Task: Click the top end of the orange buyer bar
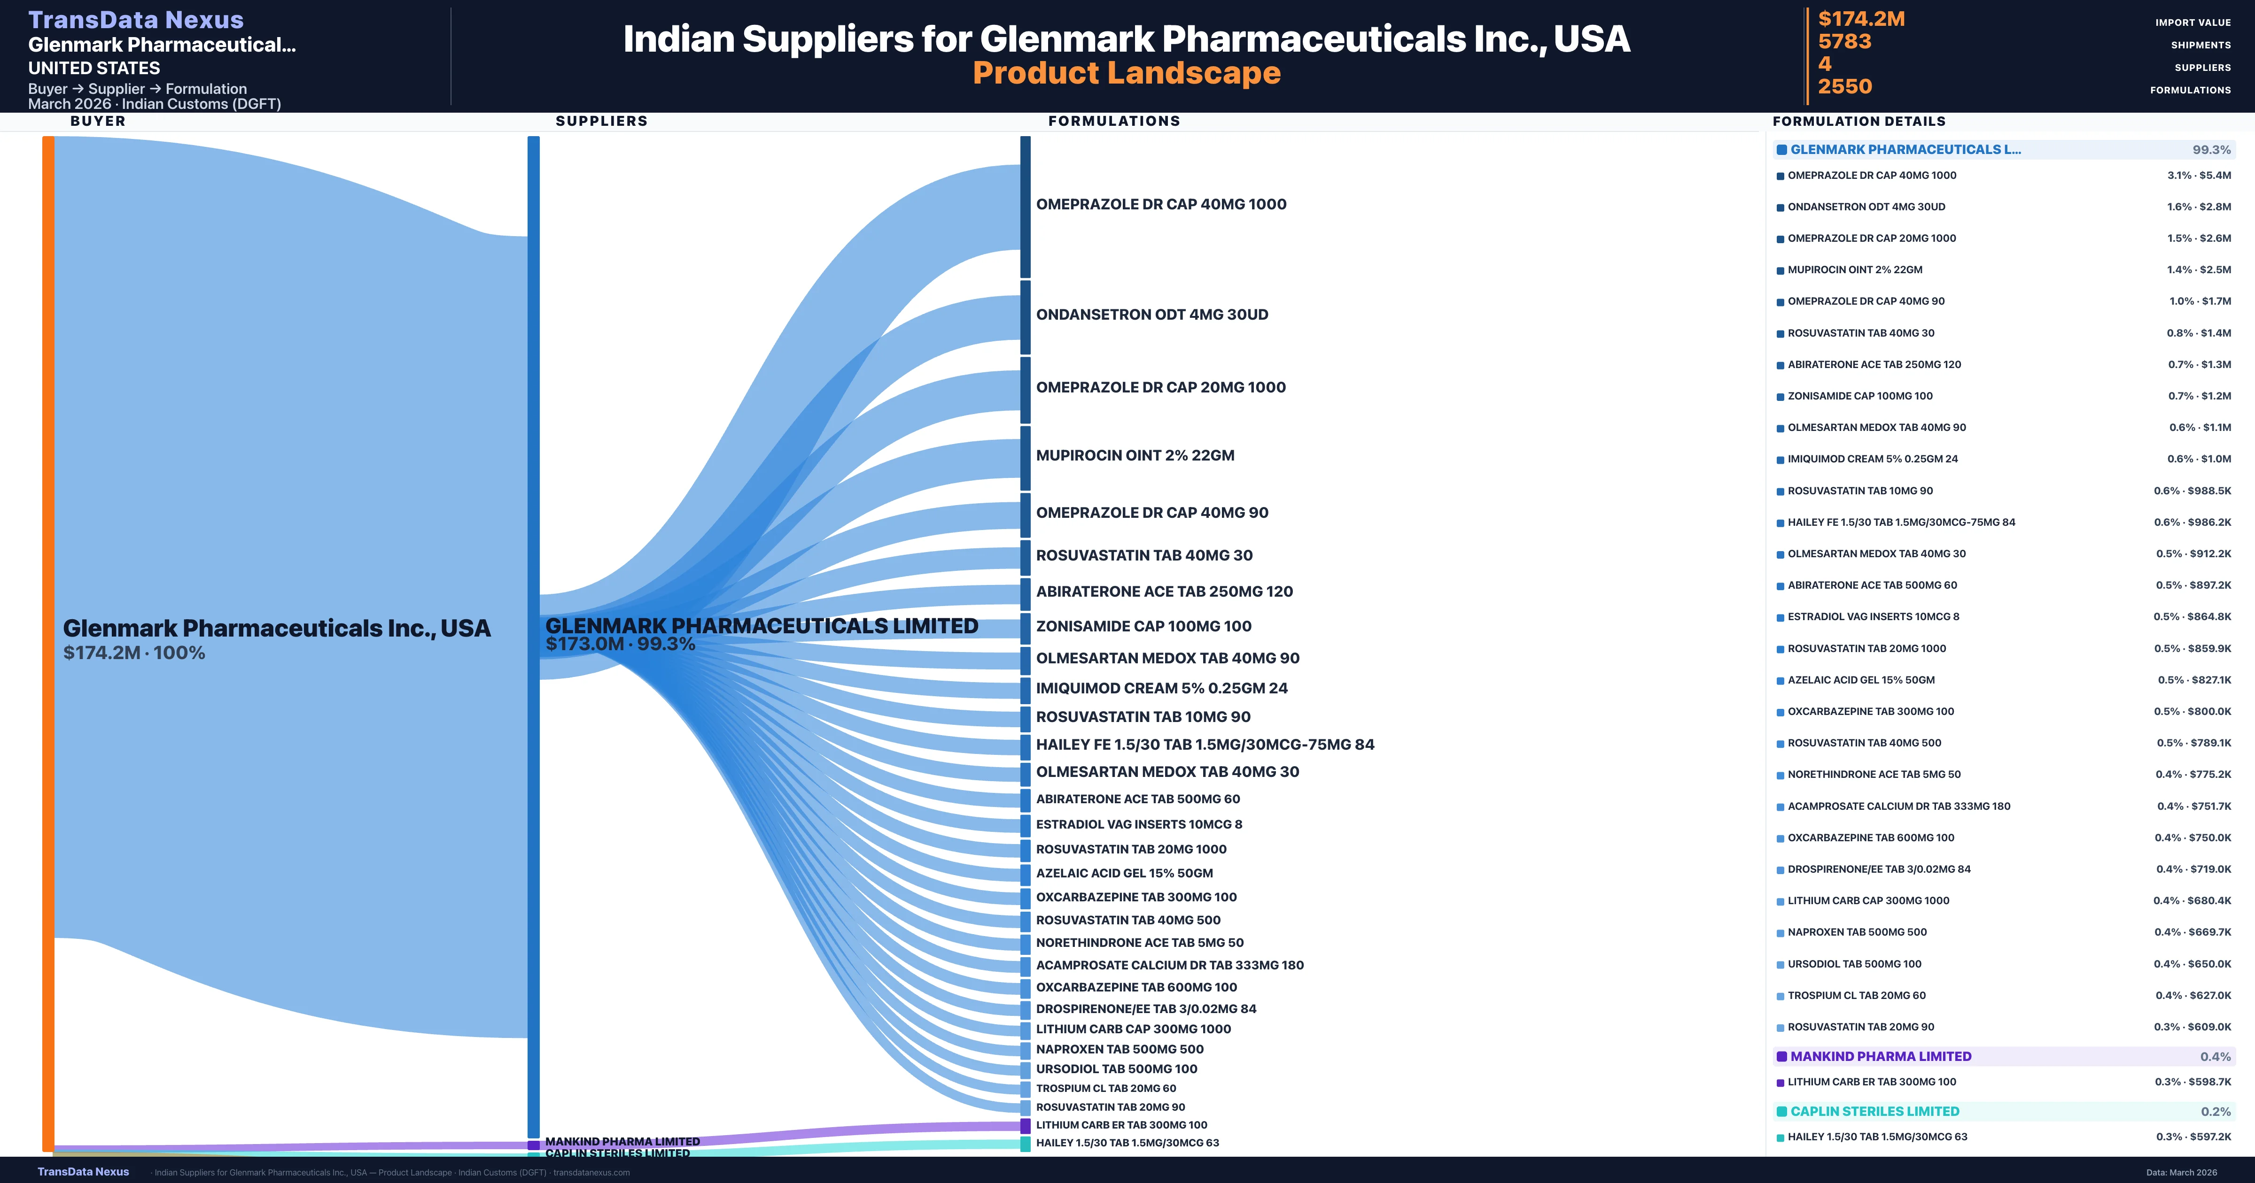pos(48,137)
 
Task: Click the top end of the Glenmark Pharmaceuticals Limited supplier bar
pos(533,137)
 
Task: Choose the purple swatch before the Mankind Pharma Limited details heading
pos(1781,1056)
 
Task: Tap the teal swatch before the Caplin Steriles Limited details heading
pos(1781,1111)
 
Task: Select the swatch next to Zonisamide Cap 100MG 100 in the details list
pos(1780,396)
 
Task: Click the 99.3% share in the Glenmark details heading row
pos(2211,150)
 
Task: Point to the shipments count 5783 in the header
pos(1844,41)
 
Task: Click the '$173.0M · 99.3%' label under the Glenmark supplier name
pos(620,644)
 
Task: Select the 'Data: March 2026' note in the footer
pos(2181,1173)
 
